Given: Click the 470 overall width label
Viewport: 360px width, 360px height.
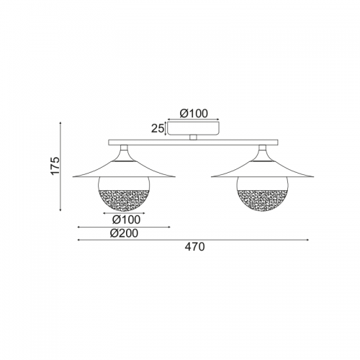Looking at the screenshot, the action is click(x=194, y=247).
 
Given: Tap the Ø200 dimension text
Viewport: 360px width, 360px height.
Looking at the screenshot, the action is click(x=124, y=233).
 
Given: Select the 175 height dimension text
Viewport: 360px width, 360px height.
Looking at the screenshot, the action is click(x=55, y=166).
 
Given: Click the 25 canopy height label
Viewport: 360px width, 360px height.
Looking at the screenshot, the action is click(x=158, y=129).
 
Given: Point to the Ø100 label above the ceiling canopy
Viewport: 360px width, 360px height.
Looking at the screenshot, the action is click(x=194, y=114).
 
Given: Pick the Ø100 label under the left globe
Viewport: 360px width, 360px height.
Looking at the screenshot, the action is click(x=126, y=220).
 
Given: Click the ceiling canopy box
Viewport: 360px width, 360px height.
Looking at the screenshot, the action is click(x=193, y=128).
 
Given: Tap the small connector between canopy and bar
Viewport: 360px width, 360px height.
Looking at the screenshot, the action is click(x=193, y=138).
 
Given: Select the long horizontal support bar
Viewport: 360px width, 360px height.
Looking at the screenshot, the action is click(x=193, y=143).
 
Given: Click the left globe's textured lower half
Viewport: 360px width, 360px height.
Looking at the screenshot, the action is click(x=124, y=199).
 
